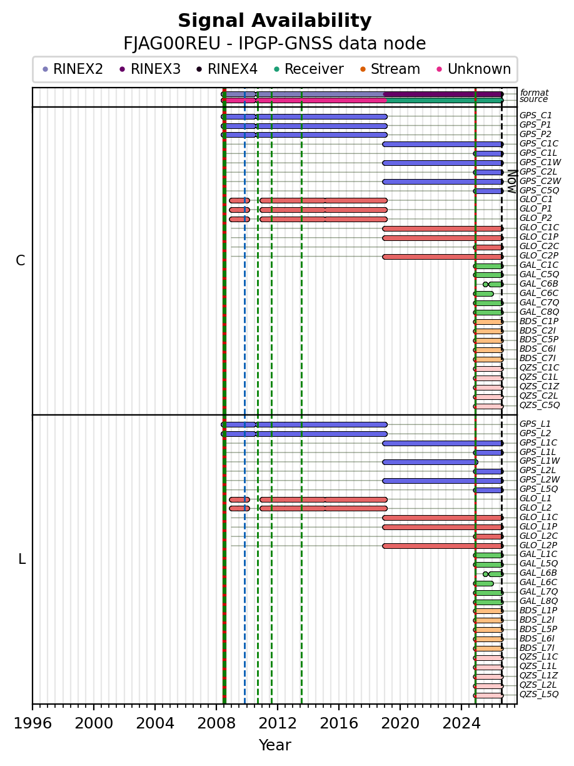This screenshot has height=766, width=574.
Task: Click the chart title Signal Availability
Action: click(274, 21)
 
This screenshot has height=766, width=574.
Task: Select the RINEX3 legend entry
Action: click(150, 69)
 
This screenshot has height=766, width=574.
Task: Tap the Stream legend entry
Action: click(390, 69)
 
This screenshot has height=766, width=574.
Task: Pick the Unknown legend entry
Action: click(474, 69)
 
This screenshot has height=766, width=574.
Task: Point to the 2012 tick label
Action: click(278, 724)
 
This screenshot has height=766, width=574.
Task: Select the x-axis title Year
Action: click(274, 745)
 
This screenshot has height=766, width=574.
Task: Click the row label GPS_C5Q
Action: click(539, 190)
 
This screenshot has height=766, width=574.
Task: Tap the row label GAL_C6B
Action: click(538, 283)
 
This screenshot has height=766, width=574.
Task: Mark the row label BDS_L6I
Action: click(537, 638)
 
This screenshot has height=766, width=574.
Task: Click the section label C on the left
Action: click(21, 261)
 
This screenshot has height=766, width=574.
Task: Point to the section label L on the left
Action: click(22, 559)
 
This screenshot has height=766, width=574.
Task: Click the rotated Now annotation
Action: click(512, 181)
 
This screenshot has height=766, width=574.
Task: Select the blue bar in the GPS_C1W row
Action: click(443, 163)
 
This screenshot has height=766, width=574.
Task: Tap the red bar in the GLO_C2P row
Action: click(443, 257)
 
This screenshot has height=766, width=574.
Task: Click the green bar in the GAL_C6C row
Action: click(483, 294)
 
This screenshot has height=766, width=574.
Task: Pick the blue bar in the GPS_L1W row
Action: click(430, 462)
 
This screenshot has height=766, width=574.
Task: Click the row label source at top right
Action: click(533, 99)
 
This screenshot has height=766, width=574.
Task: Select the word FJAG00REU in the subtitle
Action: click(172, 44)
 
